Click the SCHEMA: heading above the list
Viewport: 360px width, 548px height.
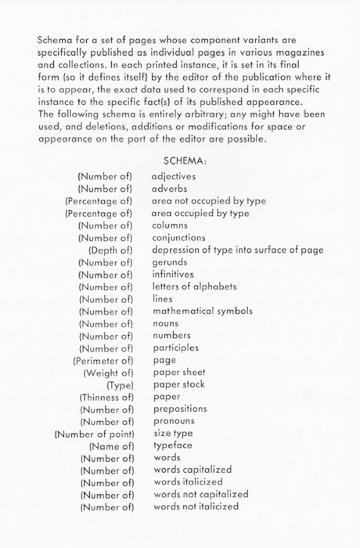185,160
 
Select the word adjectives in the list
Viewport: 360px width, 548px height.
173,176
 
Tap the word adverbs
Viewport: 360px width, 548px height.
169,189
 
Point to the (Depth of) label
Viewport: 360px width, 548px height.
110,250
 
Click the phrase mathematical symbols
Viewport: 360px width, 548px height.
202,311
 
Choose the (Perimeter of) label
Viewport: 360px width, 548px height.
103,361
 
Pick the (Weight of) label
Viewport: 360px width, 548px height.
108,373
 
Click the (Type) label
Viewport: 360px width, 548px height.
120,385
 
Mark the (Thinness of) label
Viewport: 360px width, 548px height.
106,397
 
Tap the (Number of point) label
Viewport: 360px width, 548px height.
94,434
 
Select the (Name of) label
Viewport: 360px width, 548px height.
111,446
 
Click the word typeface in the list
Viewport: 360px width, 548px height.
173,445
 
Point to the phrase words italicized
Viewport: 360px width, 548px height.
188,482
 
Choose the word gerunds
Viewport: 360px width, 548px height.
170,262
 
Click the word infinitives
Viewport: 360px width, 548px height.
173,274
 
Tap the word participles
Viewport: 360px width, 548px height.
176,348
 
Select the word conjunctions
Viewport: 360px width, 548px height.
178,238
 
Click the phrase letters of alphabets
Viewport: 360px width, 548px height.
194,287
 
